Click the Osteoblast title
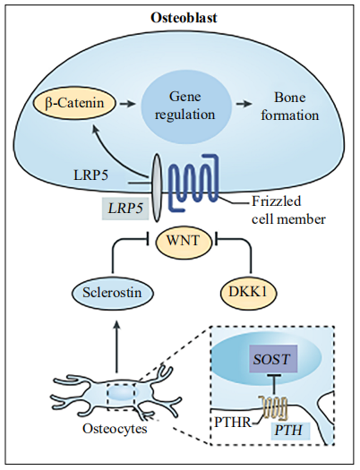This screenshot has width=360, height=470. coord(184,18)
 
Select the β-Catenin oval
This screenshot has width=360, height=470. coord(74,104)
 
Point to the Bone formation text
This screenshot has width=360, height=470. coord(289,107)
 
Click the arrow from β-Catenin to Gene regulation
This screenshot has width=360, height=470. coord(127,104)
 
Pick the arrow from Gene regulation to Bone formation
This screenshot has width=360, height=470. coord(244,104)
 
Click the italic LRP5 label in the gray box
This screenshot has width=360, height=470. coord(125,209)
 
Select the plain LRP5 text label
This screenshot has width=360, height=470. coord(90,176)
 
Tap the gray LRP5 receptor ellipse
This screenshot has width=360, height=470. coord(157,188)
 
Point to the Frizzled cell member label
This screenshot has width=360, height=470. coord(288,210)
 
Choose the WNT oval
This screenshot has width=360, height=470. coord(183,241)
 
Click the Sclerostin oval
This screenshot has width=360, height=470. coord(112,292)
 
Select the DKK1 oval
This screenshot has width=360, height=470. coord(247,292)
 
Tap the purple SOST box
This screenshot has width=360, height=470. coord(272,358)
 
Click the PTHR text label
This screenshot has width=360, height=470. coord(233,423)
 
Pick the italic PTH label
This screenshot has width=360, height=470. coord(288,431)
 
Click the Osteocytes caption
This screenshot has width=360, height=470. coord(115,429)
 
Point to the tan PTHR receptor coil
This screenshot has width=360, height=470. coord(274,407)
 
